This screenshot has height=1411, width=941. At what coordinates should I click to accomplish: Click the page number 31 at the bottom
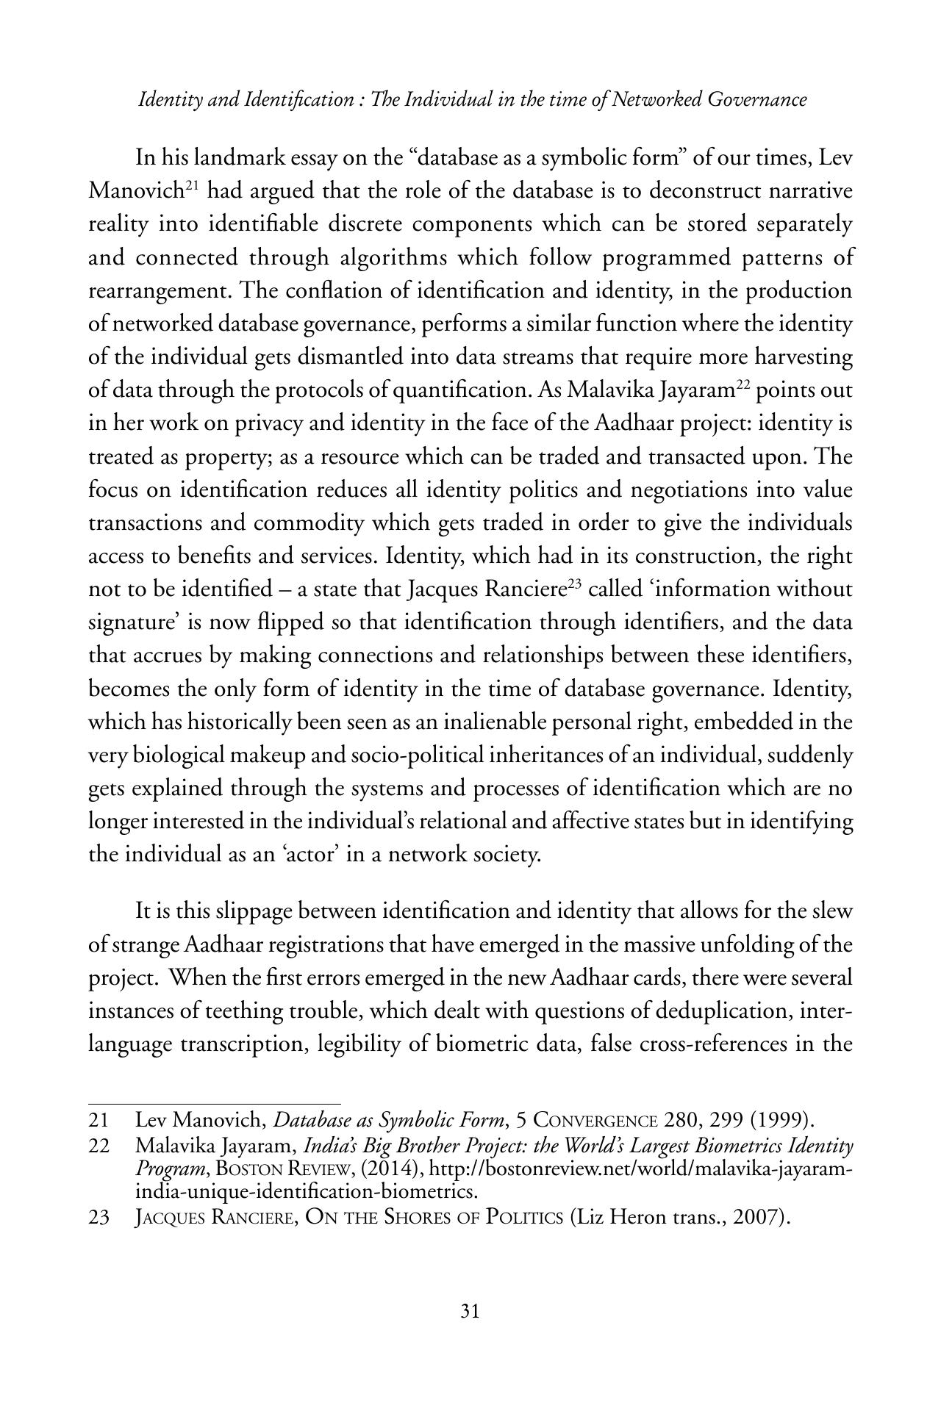[x=470, y=1312]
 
